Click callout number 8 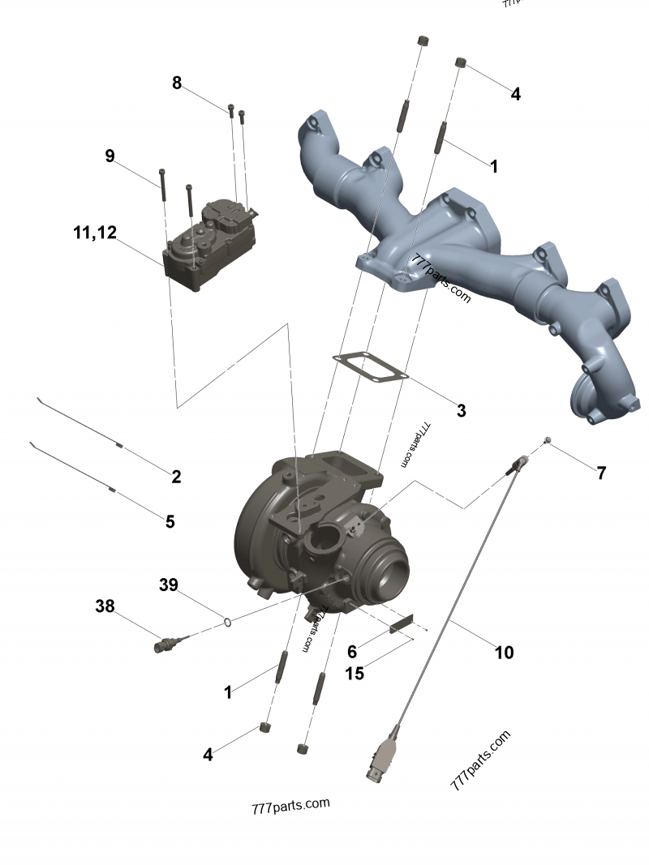(x=177, y=83)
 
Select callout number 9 (x=110, y=156)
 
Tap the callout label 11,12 (x=95, y=233)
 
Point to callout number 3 (x=461, y=410)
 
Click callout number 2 (x=176, y=477)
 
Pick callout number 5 (x=170, y=521)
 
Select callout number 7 (x=601, y=473)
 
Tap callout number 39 (x=168, y=585)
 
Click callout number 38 (x=105, y=606)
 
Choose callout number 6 (x=352, y=652)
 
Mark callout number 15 (x=355, y=673)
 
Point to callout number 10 (x=504, y=652)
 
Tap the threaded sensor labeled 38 (x=166, y=644)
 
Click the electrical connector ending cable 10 (x=382, y=758)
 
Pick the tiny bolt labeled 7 (x=548, y=439)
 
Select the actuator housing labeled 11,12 (x=209, y=247)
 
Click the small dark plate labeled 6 (x=401, y=626)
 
